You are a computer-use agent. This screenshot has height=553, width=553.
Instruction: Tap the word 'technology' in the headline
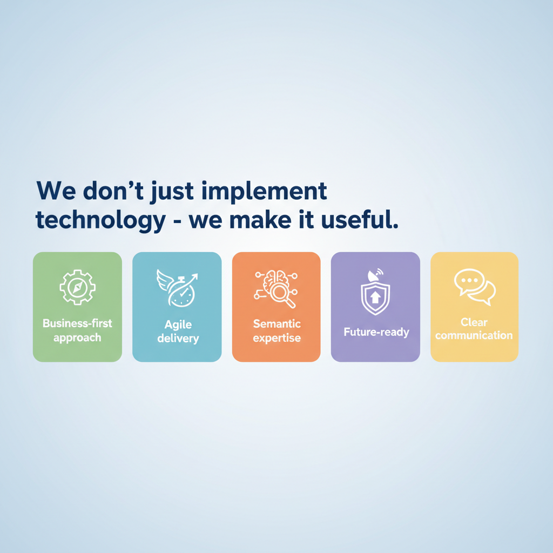[x=100, y=221]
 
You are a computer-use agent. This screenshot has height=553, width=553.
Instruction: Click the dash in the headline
[x=177, y=221]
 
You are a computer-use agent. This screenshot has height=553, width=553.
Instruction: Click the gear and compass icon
[x=78, y=287]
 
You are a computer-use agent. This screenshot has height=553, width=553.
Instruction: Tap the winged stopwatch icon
[x=177, y=288]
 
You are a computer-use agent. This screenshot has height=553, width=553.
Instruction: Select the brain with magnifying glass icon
[x=276, y=288]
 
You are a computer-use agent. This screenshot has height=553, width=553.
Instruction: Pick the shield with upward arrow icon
[x=375, y=292]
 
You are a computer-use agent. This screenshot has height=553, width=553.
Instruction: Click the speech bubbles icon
[x=475, y=287]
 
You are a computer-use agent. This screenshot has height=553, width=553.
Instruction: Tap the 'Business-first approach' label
[x=77, y=331]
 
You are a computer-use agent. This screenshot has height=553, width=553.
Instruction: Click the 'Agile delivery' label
[x=178, y=332]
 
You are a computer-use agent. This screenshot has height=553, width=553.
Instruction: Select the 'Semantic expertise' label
[x=277, y=331]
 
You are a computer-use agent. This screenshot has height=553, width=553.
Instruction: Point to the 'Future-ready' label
[x=376, y=332]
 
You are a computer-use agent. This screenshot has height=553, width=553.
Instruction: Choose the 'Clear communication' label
[x=474, y=329]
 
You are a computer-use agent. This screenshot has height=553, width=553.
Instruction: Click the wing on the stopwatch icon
[x=164, y=280]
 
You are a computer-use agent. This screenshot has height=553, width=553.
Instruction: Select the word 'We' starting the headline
[x=56, y=191]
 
